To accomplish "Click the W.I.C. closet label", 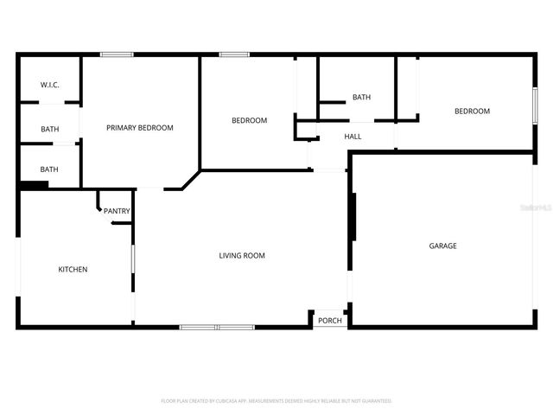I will click(x=49, y=86).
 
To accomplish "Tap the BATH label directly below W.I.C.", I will click(x=49, y=130).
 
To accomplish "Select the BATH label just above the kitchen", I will click(x=49, y=169).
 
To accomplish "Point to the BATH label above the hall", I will click(x=361, y=97).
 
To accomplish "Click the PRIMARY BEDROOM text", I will click(x=139, y=128).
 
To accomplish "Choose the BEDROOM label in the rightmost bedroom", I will click(x=472, y=112).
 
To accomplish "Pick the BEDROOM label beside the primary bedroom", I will click(x=249, y=120).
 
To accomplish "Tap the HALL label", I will click(x=353, y=137).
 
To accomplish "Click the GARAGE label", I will click(x=442, y=246).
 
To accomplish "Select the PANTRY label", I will click(x=117, y=211).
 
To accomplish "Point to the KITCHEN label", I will click(x=73, y=270).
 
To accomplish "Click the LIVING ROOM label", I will click(x=242, y=255).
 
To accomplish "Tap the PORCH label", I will click(x=330, y=321).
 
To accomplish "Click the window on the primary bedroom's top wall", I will click(x=117, y=55).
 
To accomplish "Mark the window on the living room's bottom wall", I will click(x=217, y=327).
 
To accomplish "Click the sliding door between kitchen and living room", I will click(x=132, y=271).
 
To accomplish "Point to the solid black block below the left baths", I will click(x=35, y=184).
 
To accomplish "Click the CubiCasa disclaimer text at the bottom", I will click(x=276, y=401).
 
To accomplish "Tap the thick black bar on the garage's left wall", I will click(x=353, y=217).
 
